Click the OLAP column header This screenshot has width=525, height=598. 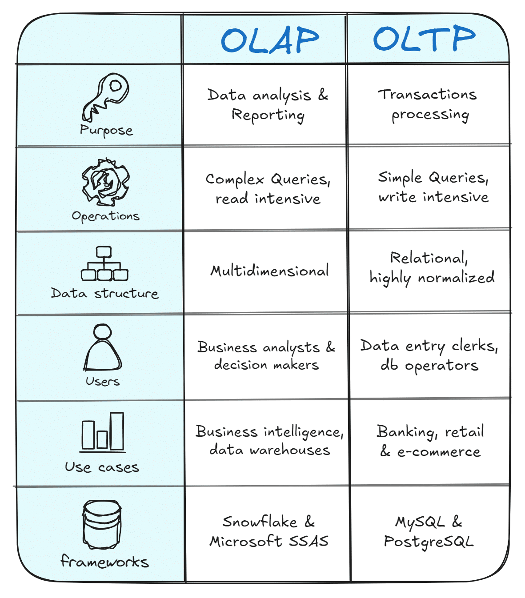click(270, 40)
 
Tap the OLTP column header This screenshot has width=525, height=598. click(424, 38)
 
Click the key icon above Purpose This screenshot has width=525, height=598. click(105, 97)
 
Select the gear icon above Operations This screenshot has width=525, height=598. click(105, 182)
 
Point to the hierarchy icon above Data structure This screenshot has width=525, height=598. click(104, 263)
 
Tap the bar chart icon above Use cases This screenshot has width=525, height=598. click(103, 432)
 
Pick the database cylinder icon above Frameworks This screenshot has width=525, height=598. click(102, 525)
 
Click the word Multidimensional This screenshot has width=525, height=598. click(269, 271)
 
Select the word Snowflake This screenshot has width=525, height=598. click(260, 522)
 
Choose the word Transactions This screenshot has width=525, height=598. click(427, 95)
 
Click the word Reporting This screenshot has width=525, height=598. click(268, 115)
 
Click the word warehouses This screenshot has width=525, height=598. click(290, 450)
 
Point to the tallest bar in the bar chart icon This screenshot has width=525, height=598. click(117, 431)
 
